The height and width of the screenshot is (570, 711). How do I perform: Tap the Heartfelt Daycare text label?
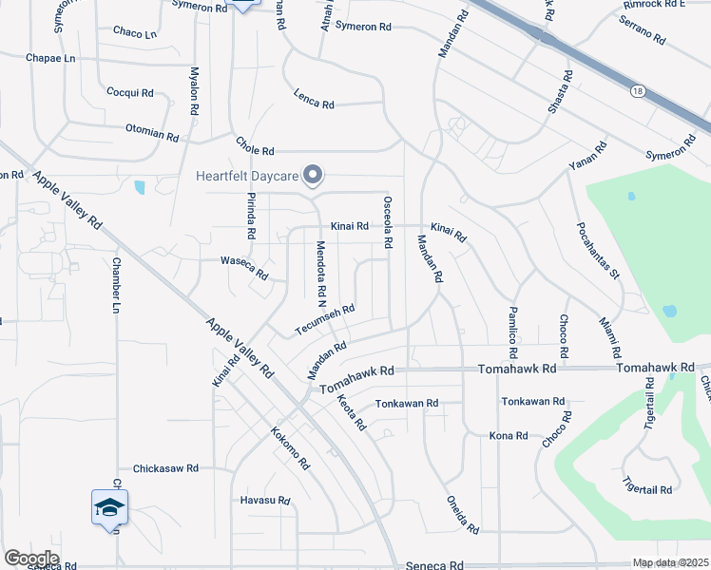(x=247, y=175)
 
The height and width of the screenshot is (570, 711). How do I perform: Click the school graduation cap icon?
(x=109, y=508)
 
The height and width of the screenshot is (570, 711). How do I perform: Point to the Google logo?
(x=31, y=559)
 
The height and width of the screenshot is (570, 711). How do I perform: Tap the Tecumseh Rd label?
(x=324, y=319)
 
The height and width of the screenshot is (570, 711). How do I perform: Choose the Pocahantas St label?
(x=597, y=251)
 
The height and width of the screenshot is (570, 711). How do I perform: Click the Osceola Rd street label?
(x=388, y=222)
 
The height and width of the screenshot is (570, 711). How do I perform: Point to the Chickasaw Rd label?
(x=165, y=468)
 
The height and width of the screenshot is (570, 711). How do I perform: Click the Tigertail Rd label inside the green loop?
(x=647, y=489)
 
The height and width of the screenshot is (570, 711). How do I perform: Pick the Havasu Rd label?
(x=256, y=501)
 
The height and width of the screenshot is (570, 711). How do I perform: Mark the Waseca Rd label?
(x=243, y=266)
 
